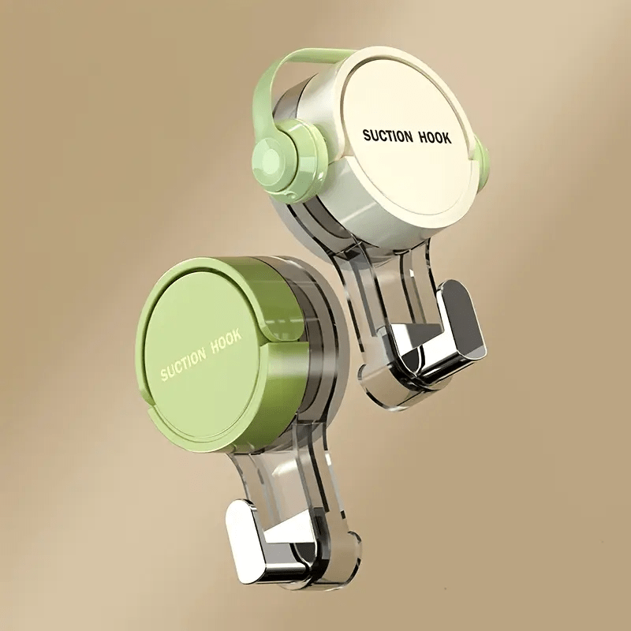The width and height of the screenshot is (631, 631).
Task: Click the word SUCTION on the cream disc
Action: [x=387, y=136]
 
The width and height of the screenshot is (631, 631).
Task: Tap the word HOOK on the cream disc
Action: [x=433, y=137]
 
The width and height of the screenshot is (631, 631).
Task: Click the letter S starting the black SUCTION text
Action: [x=366, y=136]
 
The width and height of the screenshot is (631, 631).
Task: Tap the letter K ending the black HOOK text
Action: [x=447, y=138]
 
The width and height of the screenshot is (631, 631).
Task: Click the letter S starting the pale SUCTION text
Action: [x=165, y=375]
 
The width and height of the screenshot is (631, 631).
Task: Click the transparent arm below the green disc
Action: [x=308, y=505]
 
